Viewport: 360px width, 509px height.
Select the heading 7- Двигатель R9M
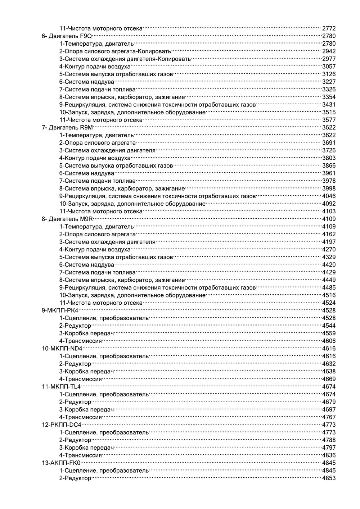pyautogui.click(x=67, y=127)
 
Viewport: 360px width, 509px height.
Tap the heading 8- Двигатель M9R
pyautogui.click(x=67, y=219)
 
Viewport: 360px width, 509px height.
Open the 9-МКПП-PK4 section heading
pyautogui.click(x=60, y=310)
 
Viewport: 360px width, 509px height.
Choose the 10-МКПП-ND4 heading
pyautogui.click(x=62, y=349)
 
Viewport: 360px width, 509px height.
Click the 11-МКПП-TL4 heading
pyautogui.click(x=62, y=387)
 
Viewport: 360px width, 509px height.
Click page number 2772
pyautogui.click(x=329, y=28)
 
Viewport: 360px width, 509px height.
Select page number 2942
pyautogui.click(x=329, y=51)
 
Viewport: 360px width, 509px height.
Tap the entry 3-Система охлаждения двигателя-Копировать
pyautogui.click(x=125, y=59)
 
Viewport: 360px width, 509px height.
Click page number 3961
pyautogui.click(x=329, y=173)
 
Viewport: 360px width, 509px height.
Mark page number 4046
pyautogui.click(x=329, y=196)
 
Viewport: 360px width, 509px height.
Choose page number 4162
pyautogui.click(x=329, y=234)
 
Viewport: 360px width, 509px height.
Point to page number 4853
pyautogui.click(x=329, y=478)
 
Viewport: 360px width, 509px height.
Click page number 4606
pyautogui.click(x=329, y=341)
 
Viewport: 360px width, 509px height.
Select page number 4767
pyautogui.click(x=329, y=417)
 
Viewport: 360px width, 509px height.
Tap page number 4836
pyautogui.click(x=329, y=455)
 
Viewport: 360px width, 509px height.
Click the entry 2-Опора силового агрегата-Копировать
pyautogui.click(x=115, y=51)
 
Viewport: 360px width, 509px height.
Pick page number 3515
pyautogui.click(x=329, y=112)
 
